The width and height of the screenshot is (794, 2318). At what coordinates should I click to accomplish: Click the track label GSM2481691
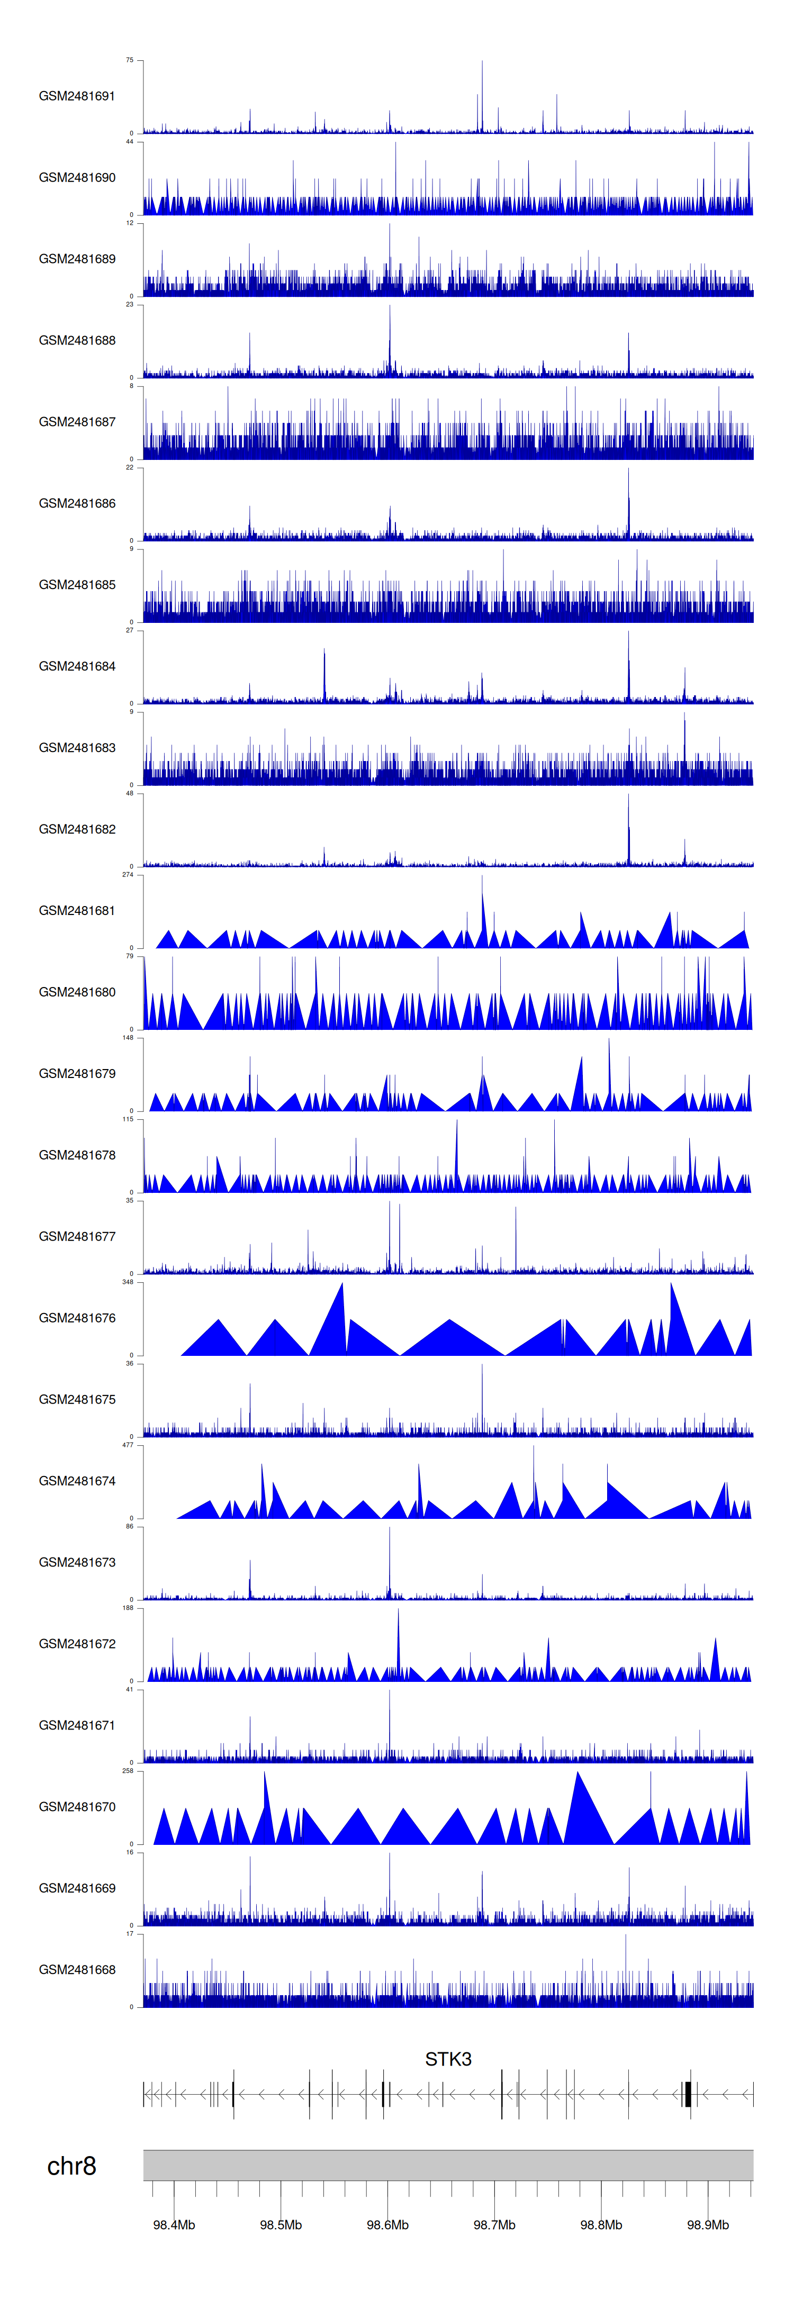click(x=77, y=96)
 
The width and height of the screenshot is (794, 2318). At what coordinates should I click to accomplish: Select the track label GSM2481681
click(x=77, y=911)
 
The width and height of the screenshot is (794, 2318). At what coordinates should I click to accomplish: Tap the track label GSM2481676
click(x=77, y=1318)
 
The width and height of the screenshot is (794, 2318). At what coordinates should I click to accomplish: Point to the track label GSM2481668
click(x=77, y=1970)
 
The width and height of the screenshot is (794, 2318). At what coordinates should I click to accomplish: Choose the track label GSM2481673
click(x=77, y=1562)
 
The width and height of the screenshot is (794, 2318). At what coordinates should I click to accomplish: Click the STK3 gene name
click(x=447, y=2059)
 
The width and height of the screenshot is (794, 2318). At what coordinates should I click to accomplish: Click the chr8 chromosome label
click(x=71, y=2167)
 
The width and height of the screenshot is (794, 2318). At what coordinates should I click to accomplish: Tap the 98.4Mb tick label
click(x=174, y=2224)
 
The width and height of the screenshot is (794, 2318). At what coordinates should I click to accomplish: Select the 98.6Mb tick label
click(x=387, y=2224)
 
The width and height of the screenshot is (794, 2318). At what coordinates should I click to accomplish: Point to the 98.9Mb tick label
click(x=708, y=2224)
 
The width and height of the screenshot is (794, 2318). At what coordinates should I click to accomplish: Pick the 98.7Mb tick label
click(x=494, y=2224)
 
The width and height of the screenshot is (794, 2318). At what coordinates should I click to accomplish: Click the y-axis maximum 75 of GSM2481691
click(x=129, y=60)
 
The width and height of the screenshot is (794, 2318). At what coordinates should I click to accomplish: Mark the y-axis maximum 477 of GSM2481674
click(x=127, y=1445)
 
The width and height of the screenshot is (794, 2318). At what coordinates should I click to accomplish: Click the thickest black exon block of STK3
click(x=688, y=2094)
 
